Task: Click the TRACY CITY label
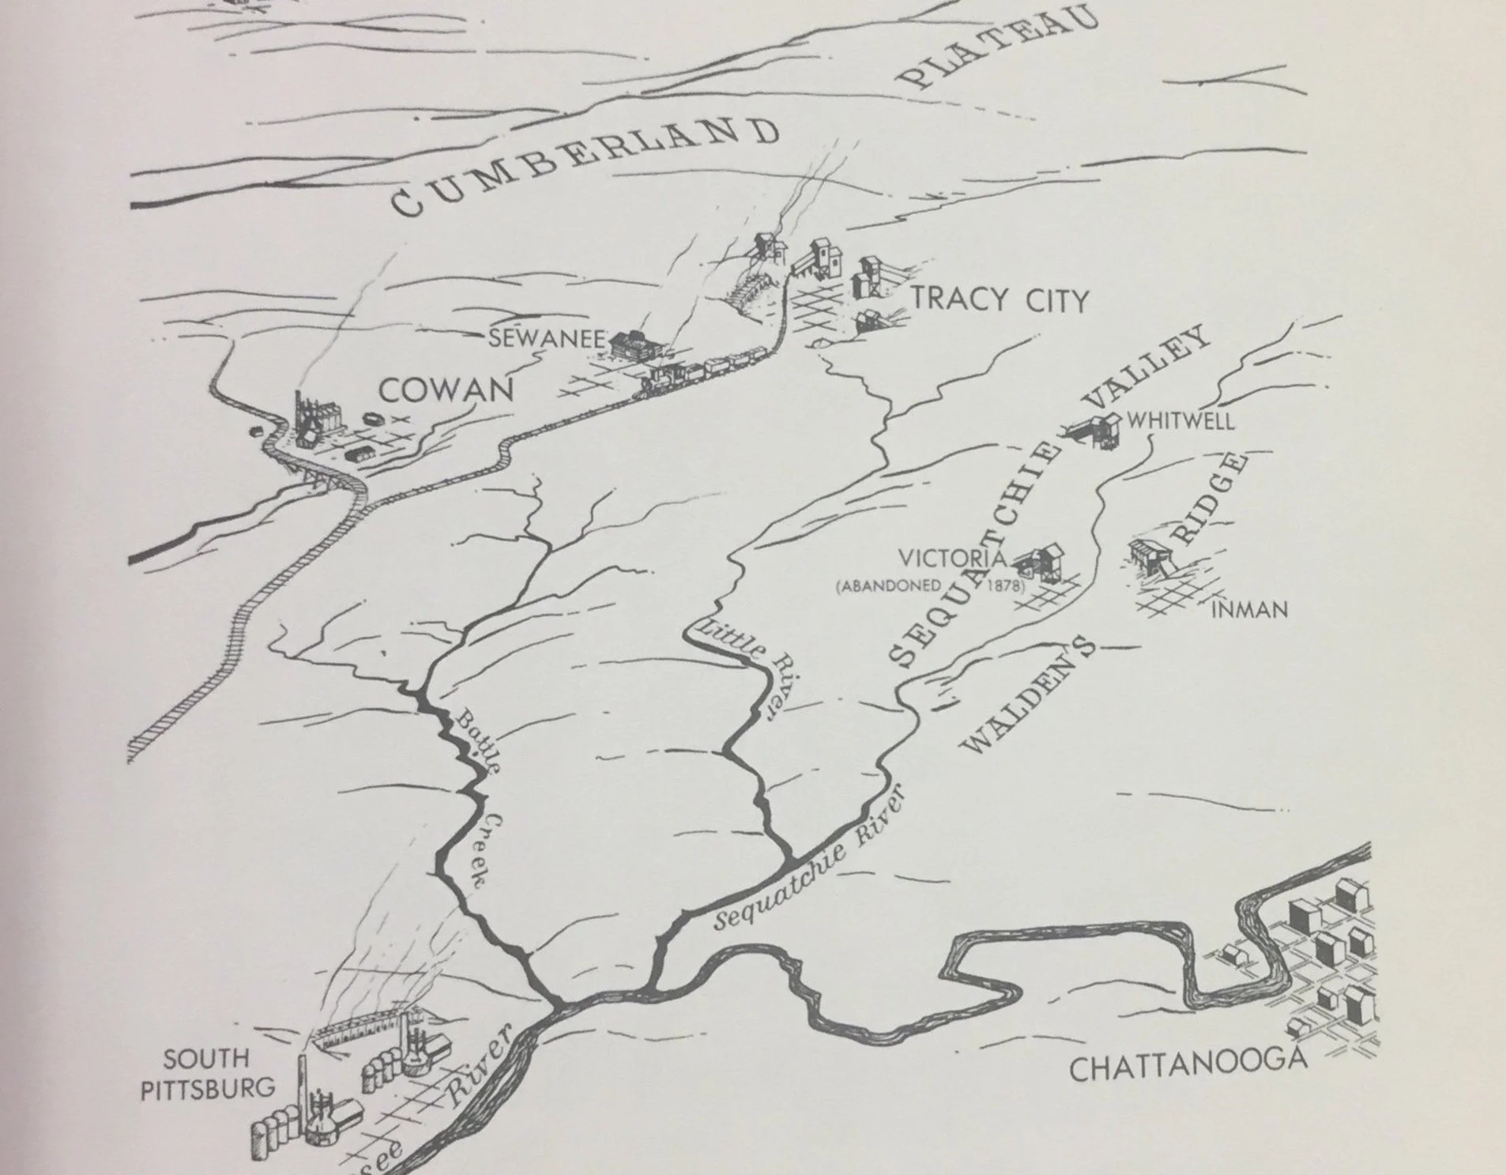(1000, 300)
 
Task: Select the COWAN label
(446, 389)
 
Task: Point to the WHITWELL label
(1180, 420)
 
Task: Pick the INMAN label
(1249, 609)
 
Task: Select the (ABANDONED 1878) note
(929, 586)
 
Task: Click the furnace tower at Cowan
(308, 419)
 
